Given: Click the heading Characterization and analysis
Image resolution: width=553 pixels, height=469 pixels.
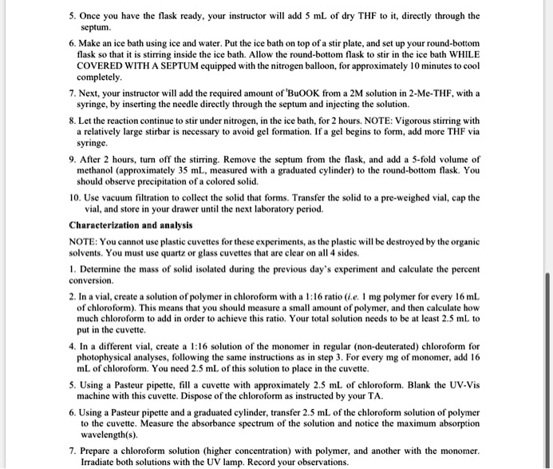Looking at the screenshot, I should click(132, 225).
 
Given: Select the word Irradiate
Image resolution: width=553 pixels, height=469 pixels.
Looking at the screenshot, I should click(96, 462).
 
